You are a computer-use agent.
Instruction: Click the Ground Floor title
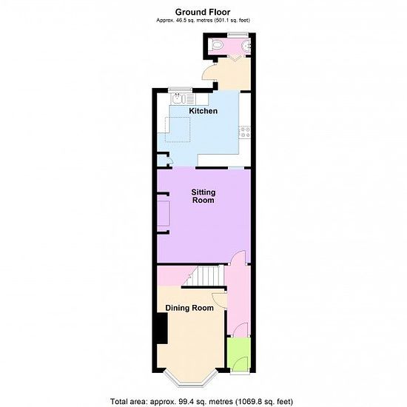(203, 12)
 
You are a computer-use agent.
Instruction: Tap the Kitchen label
(203, 111)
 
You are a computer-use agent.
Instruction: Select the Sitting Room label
(203, 196)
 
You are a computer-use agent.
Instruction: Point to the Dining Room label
(189, 308)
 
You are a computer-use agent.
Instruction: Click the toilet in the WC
(217, 44)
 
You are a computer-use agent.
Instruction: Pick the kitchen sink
(178, 99)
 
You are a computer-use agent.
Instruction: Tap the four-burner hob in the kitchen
(245, 132)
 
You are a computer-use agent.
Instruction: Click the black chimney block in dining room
(162, 329)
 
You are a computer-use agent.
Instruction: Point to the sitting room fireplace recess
(164, 213)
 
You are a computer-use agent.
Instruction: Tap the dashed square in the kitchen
(178, 129)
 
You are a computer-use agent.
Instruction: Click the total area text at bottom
(202, 401)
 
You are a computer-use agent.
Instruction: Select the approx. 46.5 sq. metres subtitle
(203, 20)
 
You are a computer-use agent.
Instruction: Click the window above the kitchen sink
(180, 90)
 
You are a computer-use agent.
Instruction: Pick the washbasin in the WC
(246, 45)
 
